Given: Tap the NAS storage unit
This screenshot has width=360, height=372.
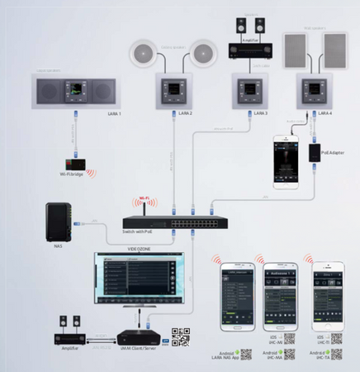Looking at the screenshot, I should (x=58, y=221).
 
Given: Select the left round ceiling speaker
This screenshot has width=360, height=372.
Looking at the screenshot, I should (x=143, y=55).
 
